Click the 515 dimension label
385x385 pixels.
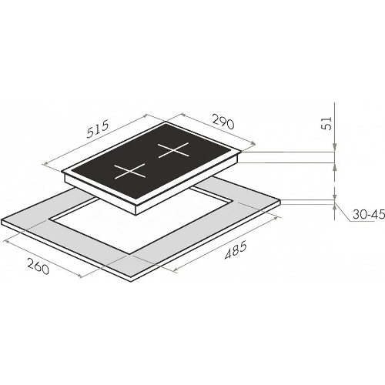[x=99, y=129]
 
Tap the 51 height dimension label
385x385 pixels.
[x=326, y=123]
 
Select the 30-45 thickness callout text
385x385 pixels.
[x=369, y=214]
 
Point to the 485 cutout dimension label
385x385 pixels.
[x=236, y=249]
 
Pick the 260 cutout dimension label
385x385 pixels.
[x=38, y=266]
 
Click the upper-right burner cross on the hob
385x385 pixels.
[x=173, y=150]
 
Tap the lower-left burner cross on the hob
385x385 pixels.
[x=130, y=171]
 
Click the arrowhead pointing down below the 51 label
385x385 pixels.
[x=334, y=147]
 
